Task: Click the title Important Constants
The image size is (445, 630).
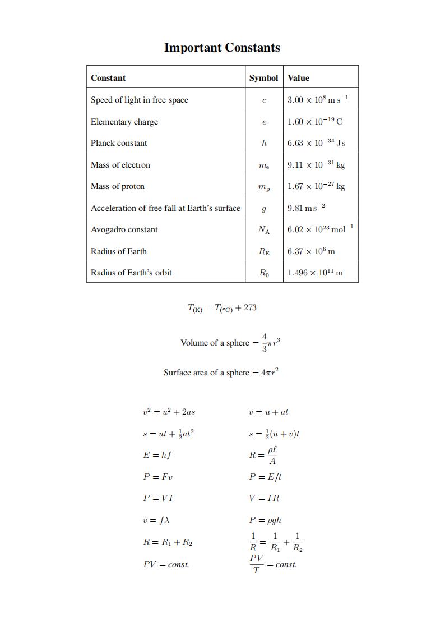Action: [222, 48]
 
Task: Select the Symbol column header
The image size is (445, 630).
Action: [263, 78]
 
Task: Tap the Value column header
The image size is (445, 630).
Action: [298, 78]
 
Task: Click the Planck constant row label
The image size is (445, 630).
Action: [119, 143]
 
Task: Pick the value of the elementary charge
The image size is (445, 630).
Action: [315, 122]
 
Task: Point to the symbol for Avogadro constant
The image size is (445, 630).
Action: [263, 229]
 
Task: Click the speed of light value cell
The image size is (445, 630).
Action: [318, 100]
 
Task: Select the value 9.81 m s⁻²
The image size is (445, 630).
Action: [306, 208]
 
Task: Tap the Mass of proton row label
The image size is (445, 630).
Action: [118, 186]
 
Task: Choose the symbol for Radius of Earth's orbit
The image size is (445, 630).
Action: [263, 273]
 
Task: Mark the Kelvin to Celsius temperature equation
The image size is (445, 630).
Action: [222, 307]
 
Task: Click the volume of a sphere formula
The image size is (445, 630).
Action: [230, 343]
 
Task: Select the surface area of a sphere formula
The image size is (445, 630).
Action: [221, 373]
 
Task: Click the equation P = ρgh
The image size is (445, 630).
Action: [265, 520]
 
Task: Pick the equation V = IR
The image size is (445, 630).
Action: [264, 498]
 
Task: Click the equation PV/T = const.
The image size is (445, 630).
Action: [273, 564]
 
